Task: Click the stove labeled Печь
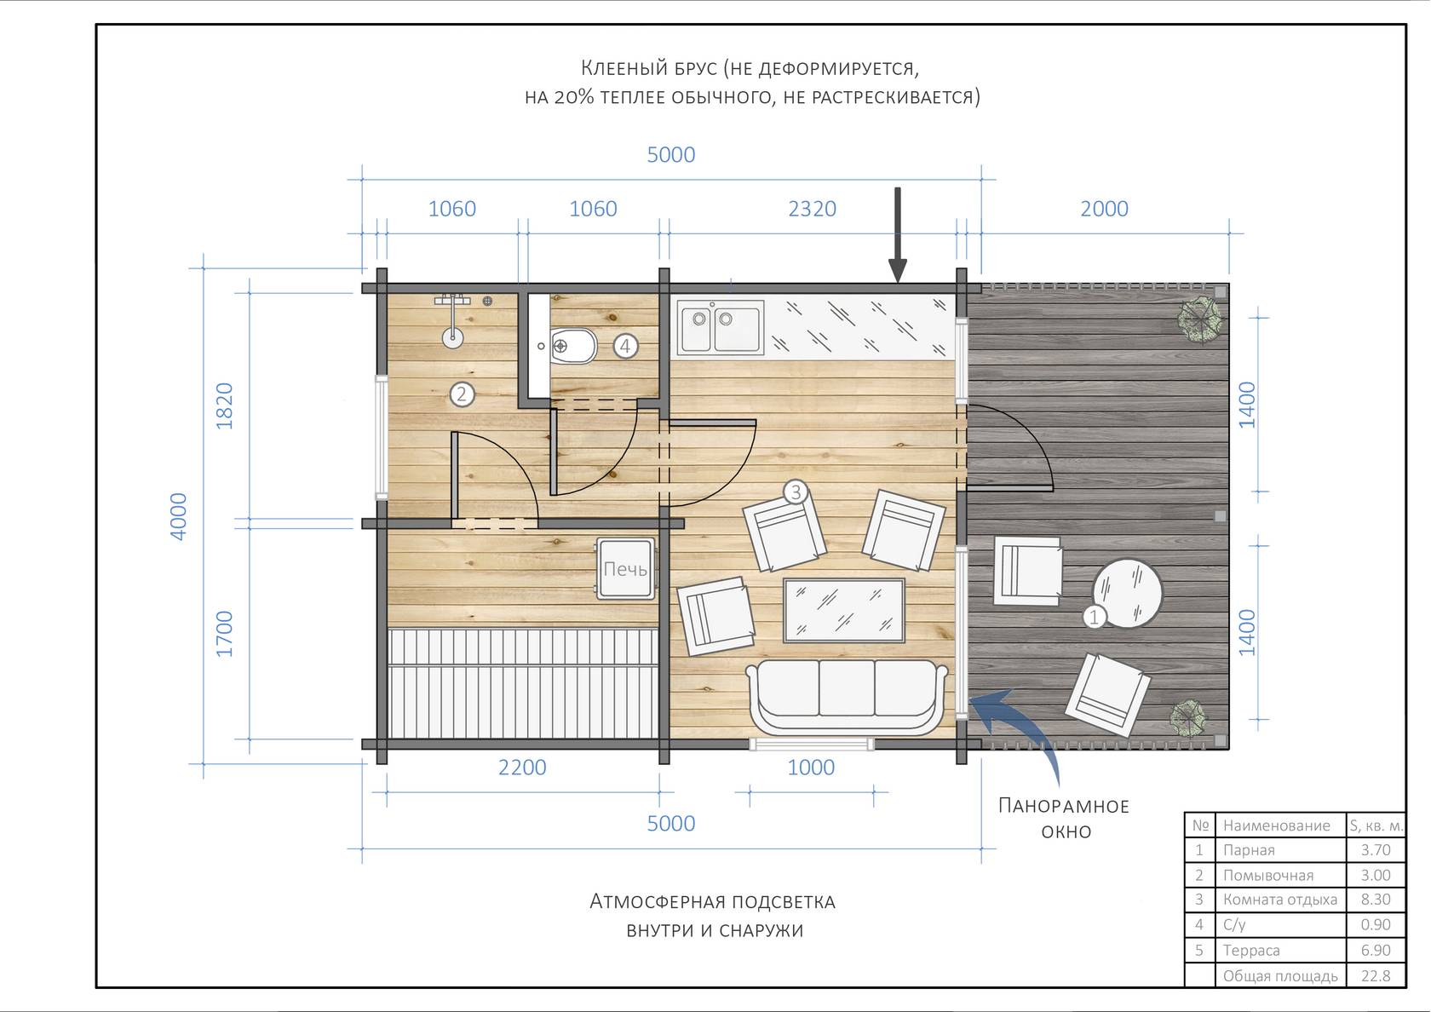(x=625, y=569)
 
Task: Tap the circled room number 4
(x=625, y=346)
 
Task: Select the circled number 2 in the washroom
(x=462, y=394)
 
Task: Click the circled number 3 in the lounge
(x=796, y=492)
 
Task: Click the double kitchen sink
(x=720, y=327)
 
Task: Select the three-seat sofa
(x=847, y=697)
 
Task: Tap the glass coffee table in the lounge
(x=844, y=610)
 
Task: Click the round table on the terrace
(x=1128, y=594)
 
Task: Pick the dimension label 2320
(x=812, y=209)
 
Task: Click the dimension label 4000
(x=178, y=516)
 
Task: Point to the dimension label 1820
(x=224, y=405)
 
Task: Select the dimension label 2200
(x=522, y=768)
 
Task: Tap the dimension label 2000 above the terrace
(x=1104, y=209)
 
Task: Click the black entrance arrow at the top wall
(x=898, y=234)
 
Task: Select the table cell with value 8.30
(x=1376, y=900)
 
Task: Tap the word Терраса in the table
(x=1250, y=950)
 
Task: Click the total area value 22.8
(x=1376, y=975)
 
